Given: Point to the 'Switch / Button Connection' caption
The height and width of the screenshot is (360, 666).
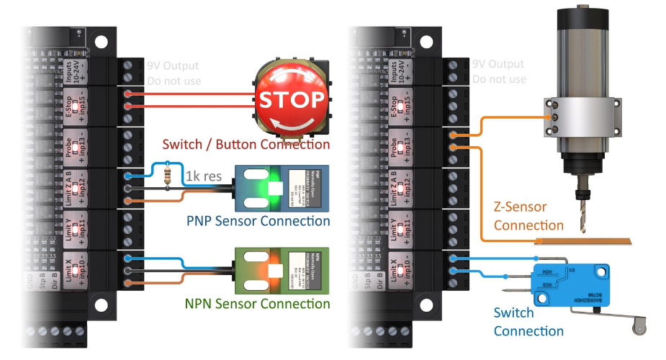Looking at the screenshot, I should [x=246, y=145].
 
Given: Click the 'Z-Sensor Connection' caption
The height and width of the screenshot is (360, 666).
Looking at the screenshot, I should [x=519, y=216].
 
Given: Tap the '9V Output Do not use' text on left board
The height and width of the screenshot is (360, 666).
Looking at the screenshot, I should [x=174, y=73].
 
